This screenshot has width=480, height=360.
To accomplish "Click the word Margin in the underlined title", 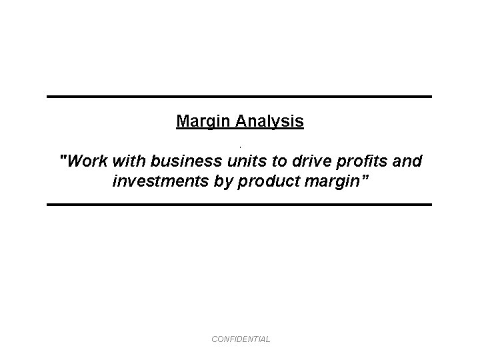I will (x=201, y=121).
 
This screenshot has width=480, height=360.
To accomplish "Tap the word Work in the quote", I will (x=87, y=161).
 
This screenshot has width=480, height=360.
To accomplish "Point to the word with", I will (x=131, y=161).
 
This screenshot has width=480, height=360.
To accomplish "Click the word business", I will (x=187, y=161).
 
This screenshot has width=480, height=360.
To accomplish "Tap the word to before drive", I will (x=278, y=161).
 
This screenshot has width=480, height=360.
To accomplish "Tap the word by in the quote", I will (x=217, y=181).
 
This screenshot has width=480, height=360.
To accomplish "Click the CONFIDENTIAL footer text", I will (x=241, y=339).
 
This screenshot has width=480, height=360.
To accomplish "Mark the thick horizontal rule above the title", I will (x=239, y=97).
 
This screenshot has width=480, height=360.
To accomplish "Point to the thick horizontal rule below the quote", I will (x=239, y=204).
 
